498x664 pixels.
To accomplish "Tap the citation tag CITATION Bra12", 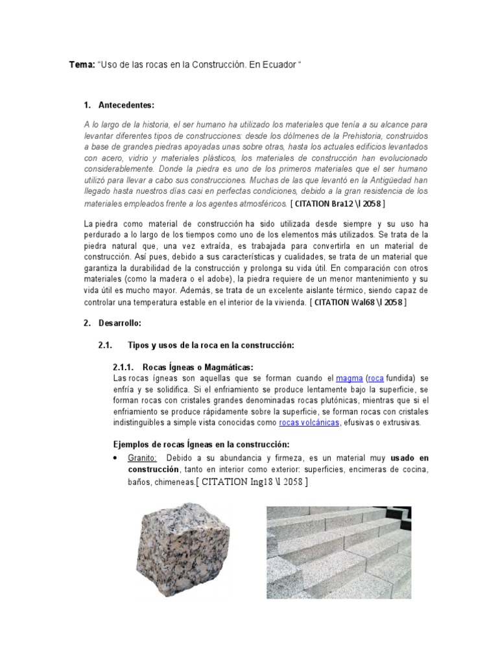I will coord(338,204).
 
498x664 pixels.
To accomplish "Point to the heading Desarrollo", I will coord(119,322).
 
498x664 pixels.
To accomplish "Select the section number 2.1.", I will coord(106,346).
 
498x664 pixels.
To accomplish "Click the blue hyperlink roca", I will coord(377,378).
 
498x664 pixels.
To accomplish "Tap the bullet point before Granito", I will coord(115,458).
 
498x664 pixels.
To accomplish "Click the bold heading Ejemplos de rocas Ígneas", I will coord(196,444).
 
